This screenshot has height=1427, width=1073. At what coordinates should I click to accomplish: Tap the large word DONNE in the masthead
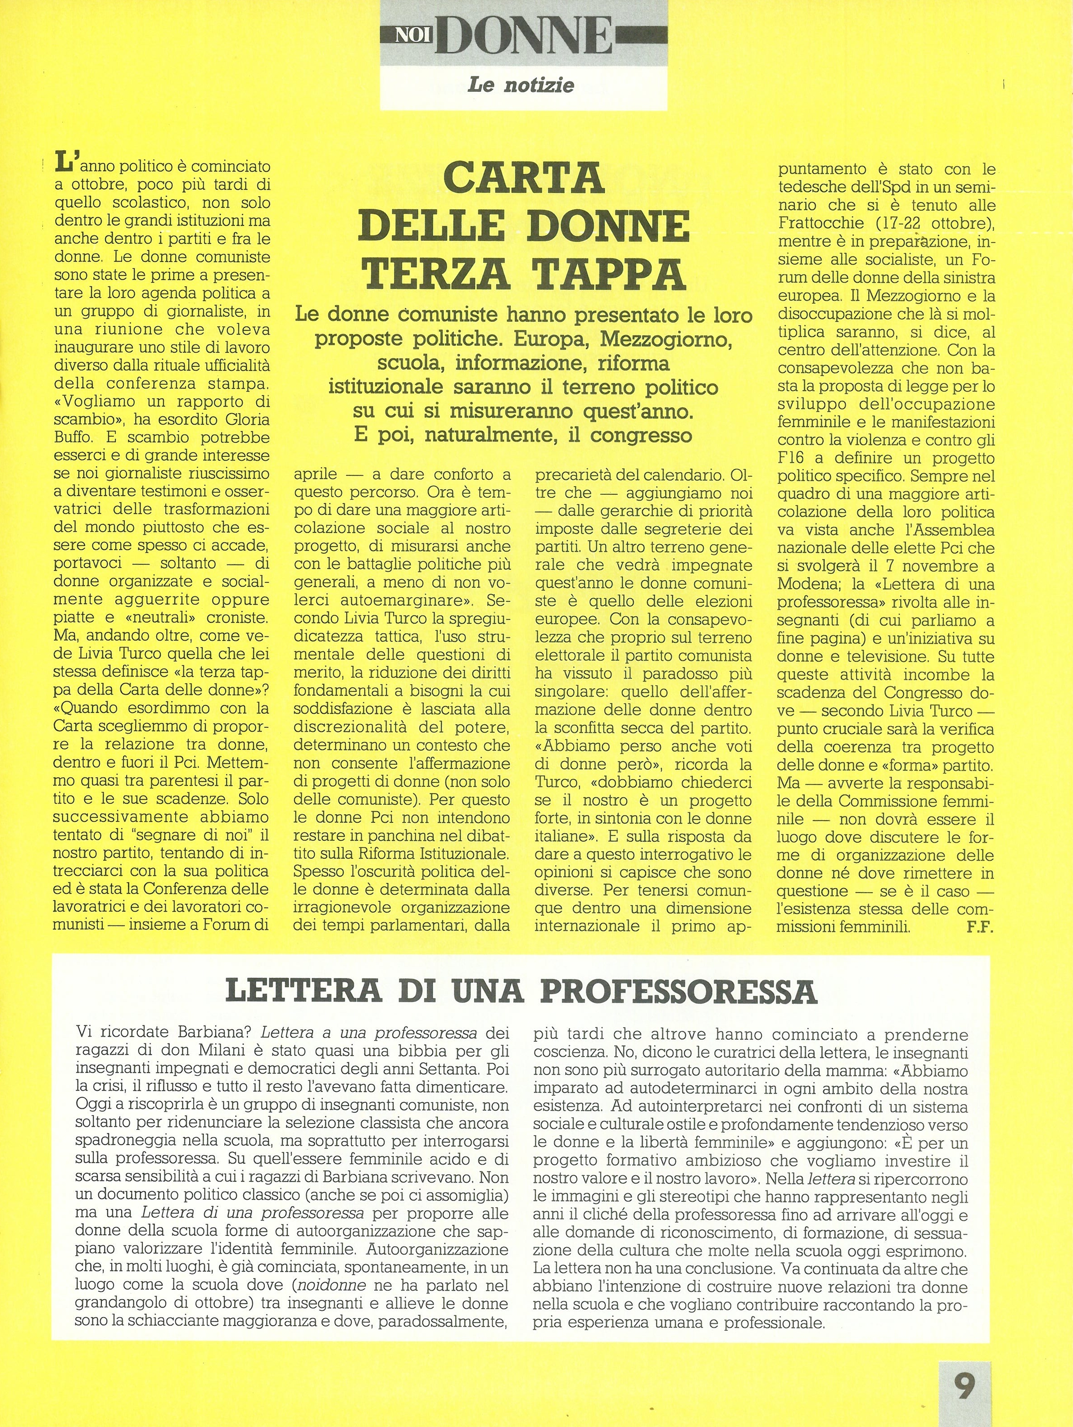tap(524, 36)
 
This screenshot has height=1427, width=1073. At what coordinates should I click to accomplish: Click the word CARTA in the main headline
tap(523, 179)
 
